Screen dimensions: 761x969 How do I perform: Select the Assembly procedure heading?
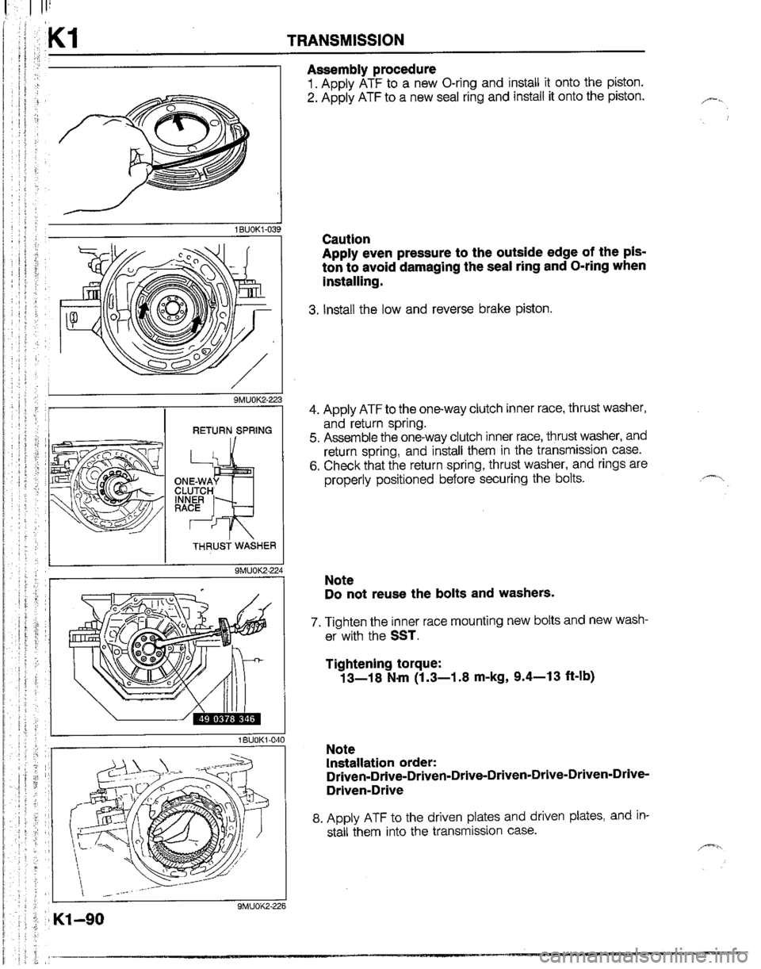click(x=371, y=69)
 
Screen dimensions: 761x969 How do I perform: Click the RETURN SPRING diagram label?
click(x=231, y=431)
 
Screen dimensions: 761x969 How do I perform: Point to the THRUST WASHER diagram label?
click(x=235, y=546)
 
